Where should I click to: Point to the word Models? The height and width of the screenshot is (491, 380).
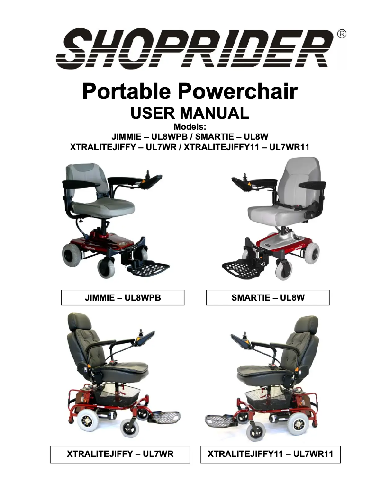[190, 127]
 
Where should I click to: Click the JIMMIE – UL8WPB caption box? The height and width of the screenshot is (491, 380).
[123, 298]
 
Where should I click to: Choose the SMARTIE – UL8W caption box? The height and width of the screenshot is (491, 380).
[268, 298]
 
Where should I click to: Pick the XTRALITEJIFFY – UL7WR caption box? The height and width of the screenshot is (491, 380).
[120, 455]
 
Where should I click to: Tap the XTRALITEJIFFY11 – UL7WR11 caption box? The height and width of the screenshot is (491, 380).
[271, 455]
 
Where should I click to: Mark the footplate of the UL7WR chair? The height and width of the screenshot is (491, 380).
[164, 417]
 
